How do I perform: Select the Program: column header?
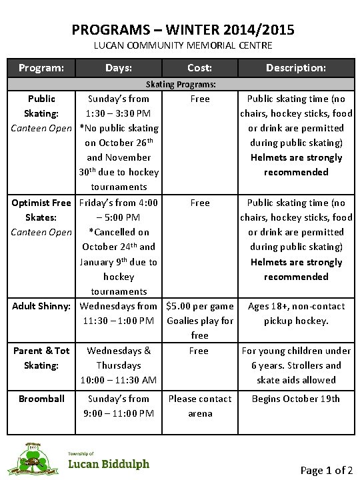pos(41,67)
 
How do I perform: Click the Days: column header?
pos(119,67)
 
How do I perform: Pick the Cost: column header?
pos(200,67)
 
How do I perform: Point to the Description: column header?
pos(296,67)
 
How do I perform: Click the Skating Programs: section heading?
pos(181,85)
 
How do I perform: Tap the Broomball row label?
pos(41,399)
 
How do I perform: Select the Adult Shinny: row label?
pos(41,306)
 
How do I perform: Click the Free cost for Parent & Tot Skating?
pos(199,351)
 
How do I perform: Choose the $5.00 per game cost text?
pos(200,306)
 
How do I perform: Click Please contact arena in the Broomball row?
pos(199,406)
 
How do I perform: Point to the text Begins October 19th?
pos(295,399)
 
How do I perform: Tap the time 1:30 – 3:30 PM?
pos(118,113)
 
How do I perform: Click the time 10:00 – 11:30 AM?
pos(119,380)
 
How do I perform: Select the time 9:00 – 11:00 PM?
pos(119,413)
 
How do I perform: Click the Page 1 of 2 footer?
pos(327,470)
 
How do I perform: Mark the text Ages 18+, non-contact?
pos(296,306)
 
